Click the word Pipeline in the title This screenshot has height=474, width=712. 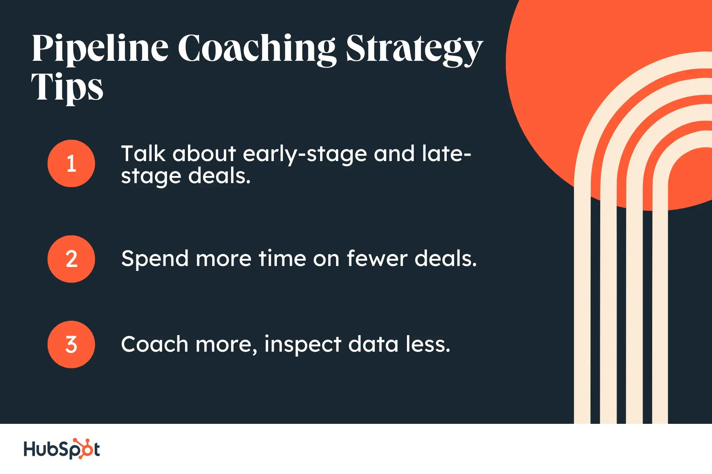point(100,49)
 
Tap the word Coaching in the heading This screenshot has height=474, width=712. point(257,49)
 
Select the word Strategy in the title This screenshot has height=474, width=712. point(414,49)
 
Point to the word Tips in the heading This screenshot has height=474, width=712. point(67,87)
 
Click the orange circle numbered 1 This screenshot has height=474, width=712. point(71,163)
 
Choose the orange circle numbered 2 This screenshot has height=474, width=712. point(71,259)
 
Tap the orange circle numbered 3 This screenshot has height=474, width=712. point(71,344)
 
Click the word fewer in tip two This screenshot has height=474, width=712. point(377,258)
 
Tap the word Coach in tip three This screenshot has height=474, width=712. point(155,344)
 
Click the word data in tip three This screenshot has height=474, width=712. point(373,344)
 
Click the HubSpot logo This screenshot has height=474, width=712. point(62,449)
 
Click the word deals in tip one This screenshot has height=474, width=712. point(219,176)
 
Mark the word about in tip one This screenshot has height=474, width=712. point(204,154)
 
